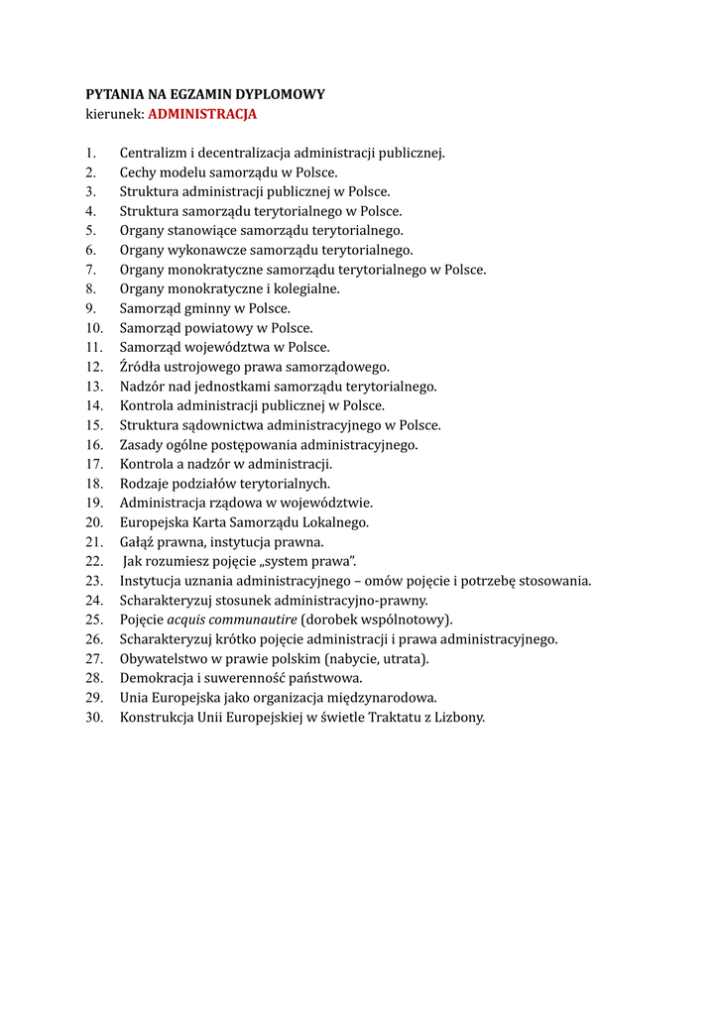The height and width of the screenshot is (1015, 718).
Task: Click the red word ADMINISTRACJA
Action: pyautogui.click(x=202, y=114)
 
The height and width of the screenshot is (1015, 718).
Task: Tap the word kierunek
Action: pyautogui.click(x=114, y=114)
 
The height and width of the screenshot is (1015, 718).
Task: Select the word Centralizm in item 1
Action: pyautogui.click(x=153, y=153)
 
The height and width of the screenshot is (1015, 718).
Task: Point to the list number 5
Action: pyautogui.click(x=90, y=230)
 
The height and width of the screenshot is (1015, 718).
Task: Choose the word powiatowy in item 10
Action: pyautogui.click(x=222, y=327)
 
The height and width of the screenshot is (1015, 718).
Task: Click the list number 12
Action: pyautogui.click(x=94, y=366)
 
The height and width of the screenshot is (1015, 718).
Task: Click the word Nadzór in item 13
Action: pyautogui.click(x=143, y=386)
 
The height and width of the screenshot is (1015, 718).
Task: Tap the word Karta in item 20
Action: pyautogui.click(x=201, y=521)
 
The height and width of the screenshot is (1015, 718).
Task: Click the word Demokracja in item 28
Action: pyautogui.click(x=155, y=678)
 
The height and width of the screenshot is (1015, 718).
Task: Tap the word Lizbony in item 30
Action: pyautogui.click(x=460, y=717)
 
